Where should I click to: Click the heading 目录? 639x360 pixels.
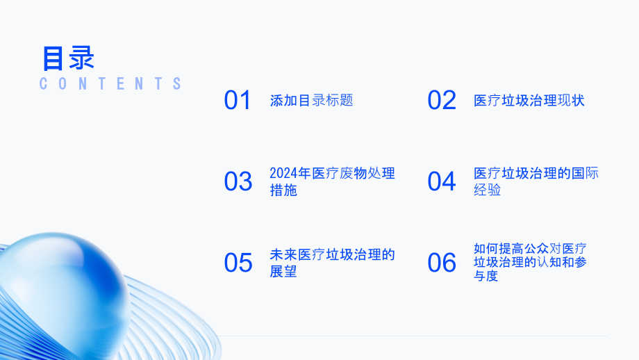tap(68, 58)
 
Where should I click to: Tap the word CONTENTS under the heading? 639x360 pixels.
tap(111, 84)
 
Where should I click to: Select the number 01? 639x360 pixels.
tap(238, 101)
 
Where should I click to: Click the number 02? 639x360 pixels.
tap(442, 101)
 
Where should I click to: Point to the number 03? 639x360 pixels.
tap(238, 182)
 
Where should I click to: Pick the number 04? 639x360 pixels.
tap(442, 182)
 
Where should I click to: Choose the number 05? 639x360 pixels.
tap(238, 263)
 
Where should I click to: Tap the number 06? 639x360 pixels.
tap(442, 263)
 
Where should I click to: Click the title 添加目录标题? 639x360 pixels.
tap(311, 101)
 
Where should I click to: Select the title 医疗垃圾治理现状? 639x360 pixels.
tap(529, 101)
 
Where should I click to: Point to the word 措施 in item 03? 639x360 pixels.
tap(283, 190)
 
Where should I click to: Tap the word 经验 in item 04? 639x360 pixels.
tap(488, 190)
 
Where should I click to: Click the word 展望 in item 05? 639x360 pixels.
tap(283, 272)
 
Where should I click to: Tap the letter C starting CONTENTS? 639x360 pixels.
tap(44, 84)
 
